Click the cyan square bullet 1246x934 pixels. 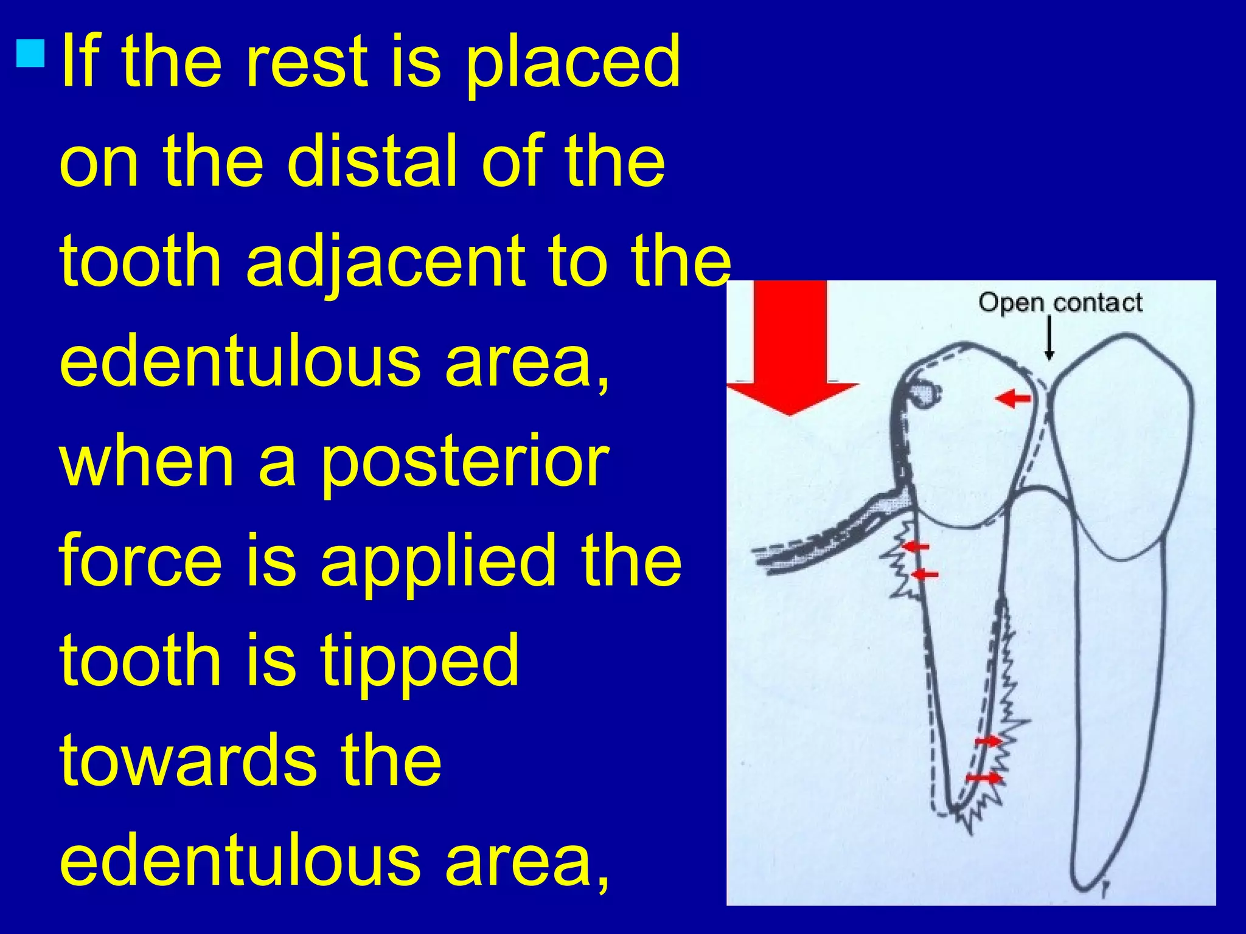[x=31, y=52]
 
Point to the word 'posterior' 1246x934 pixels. [x=464, y=462]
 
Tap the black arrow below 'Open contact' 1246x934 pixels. [x=1049, y=338]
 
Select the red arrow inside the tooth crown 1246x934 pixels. [x=1013, y=399]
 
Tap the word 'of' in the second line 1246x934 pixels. [x=511, y=161]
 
